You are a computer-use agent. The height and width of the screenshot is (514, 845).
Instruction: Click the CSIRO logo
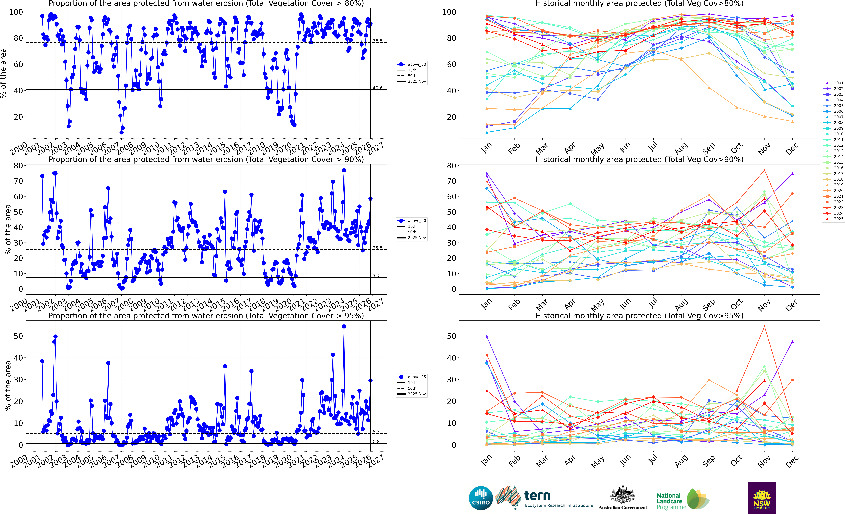tap(481, 498)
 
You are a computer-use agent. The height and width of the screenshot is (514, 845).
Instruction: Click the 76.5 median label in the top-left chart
tap(378, 41)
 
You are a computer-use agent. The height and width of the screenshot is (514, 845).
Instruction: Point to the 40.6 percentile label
tap(378, 88)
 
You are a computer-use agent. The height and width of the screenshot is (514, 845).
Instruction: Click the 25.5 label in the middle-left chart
tap(378, 248)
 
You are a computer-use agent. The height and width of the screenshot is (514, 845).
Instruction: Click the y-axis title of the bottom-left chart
tap(8, 386)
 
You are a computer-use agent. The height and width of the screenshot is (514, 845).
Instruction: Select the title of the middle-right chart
tap(639, 159)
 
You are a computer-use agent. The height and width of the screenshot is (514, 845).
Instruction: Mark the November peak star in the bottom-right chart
tap(764, 327)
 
